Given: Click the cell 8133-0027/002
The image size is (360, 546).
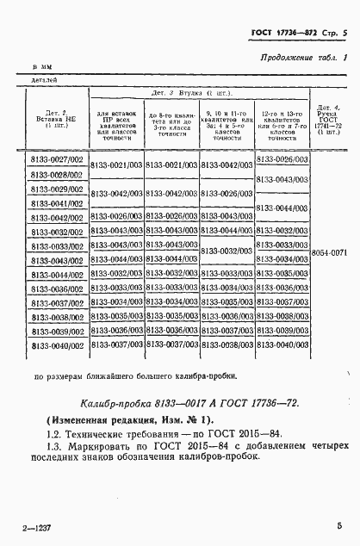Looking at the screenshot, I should pyautogui.click(x=59, y=159).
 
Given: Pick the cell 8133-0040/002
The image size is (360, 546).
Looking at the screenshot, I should pyautogui.click(x=59, y=345).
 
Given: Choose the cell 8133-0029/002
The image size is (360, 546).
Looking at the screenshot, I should pyautogui.click(x=59, y=188).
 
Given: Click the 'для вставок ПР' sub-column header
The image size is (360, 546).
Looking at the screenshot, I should pyautogui.click(x=115, y=126).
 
